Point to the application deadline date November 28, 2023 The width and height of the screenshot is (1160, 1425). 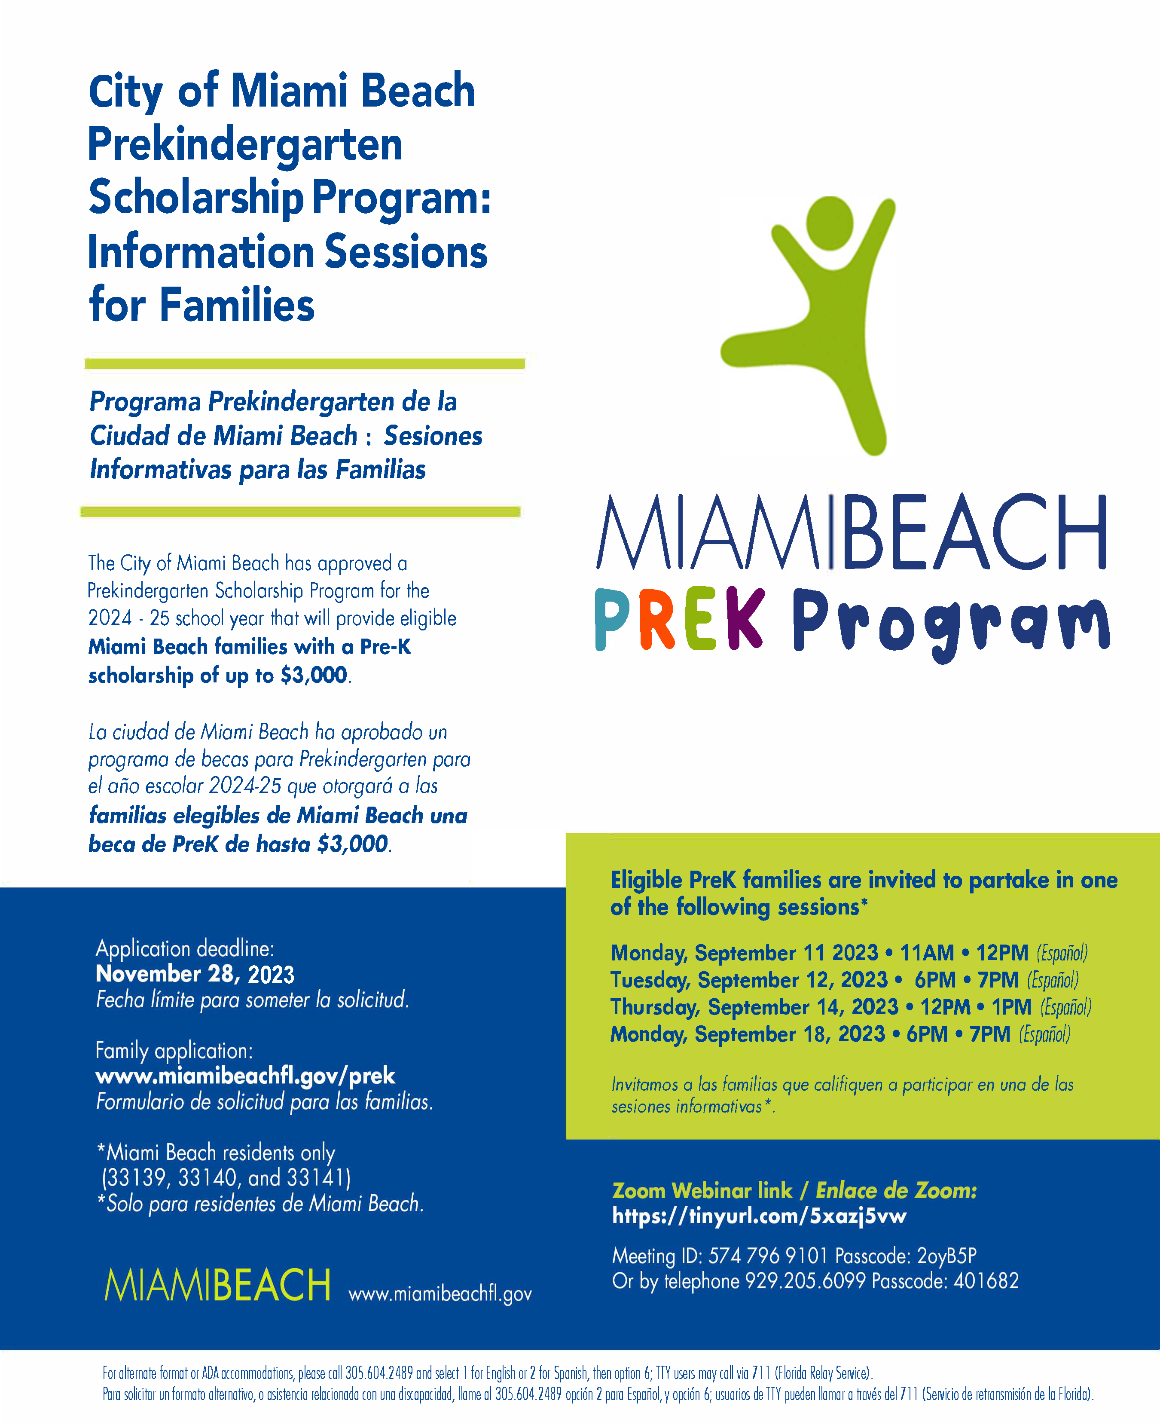(195, 975)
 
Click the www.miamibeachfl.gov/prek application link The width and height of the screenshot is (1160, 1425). (245, 1076)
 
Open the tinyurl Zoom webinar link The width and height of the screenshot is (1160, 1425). (759, 1215)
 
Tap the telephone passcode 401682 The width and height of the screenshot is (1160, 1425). (986, 1281)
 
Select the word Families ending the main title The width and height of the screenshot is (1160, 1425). (237, 305)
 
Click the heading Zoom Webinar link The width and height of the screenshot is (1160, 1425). (702, 1190)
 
